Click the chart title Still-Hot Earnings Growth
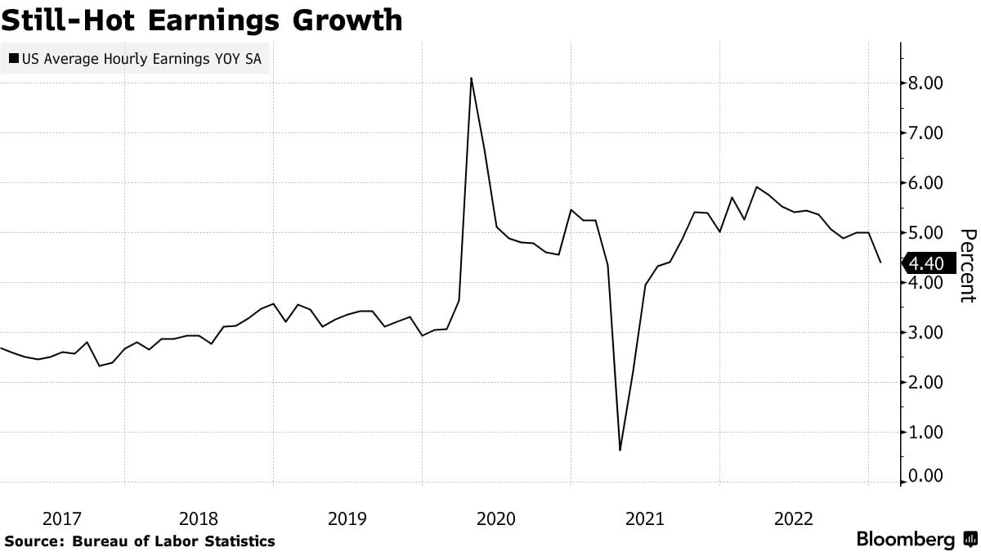pos(202,20)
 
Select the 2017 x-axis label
pos(62,518)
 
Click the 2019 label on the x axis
pos(347,518)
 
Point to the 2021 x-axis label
pos(645,518)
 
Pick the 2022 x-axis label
pos(794,518)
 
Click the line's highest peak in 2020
pos(472,79)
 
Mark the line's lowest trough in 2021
pos(620,450)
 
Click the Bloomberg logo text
pos(906,540)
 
